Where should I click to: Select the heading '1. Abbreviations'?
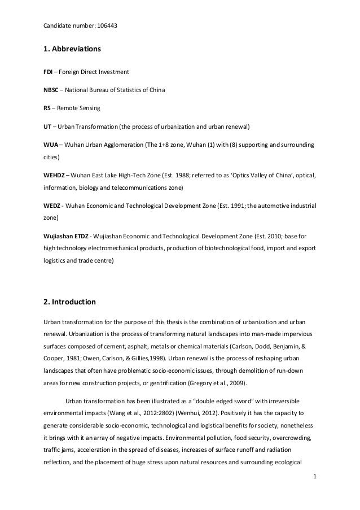tap(72, 50)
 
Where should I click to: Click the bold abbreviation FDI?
tap(49, 73)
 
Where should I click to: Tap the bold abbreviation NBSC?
tap(52, 90)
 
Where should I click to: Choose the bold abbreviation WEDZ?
tap(52, 206)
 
